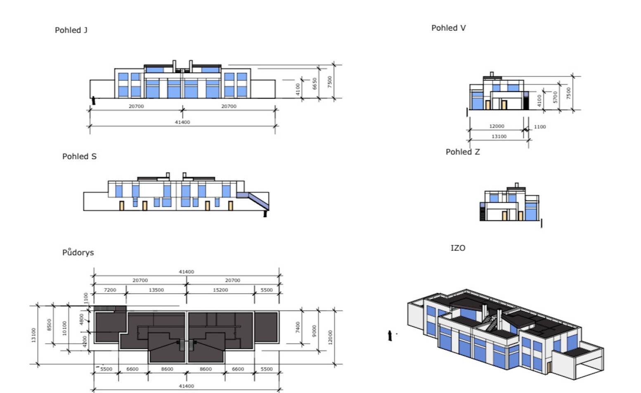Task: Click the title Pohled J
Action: (71, 30)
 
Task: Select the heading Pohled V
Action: (448, 28)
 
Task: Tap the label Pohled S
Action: (79, 156)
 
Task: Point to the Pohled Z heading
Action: (463, 152)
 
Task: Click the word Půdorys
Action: (78, 253)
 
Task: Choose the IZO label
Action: (458, 248)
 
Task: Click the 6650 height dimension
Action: (315, 84)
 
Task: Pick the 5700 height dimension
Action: (555, 97)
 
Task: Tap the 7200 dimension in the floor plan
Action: (110, 290)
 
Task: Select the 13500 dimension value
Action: (156, 290)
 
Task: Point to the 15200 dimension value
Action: (220, 290)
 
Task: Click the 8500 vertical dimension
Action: (49, 324)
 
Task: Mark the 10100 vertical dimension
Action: (64, 328)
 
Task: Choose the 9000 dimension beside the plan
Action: (315, 330)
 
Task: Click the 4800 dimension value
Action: (82, 319)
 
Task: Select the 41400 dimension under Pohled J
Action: (182, 122)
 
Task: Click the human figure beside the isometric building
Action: (390, 336)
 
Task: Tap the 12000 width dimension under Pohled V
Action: (497, 126)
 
